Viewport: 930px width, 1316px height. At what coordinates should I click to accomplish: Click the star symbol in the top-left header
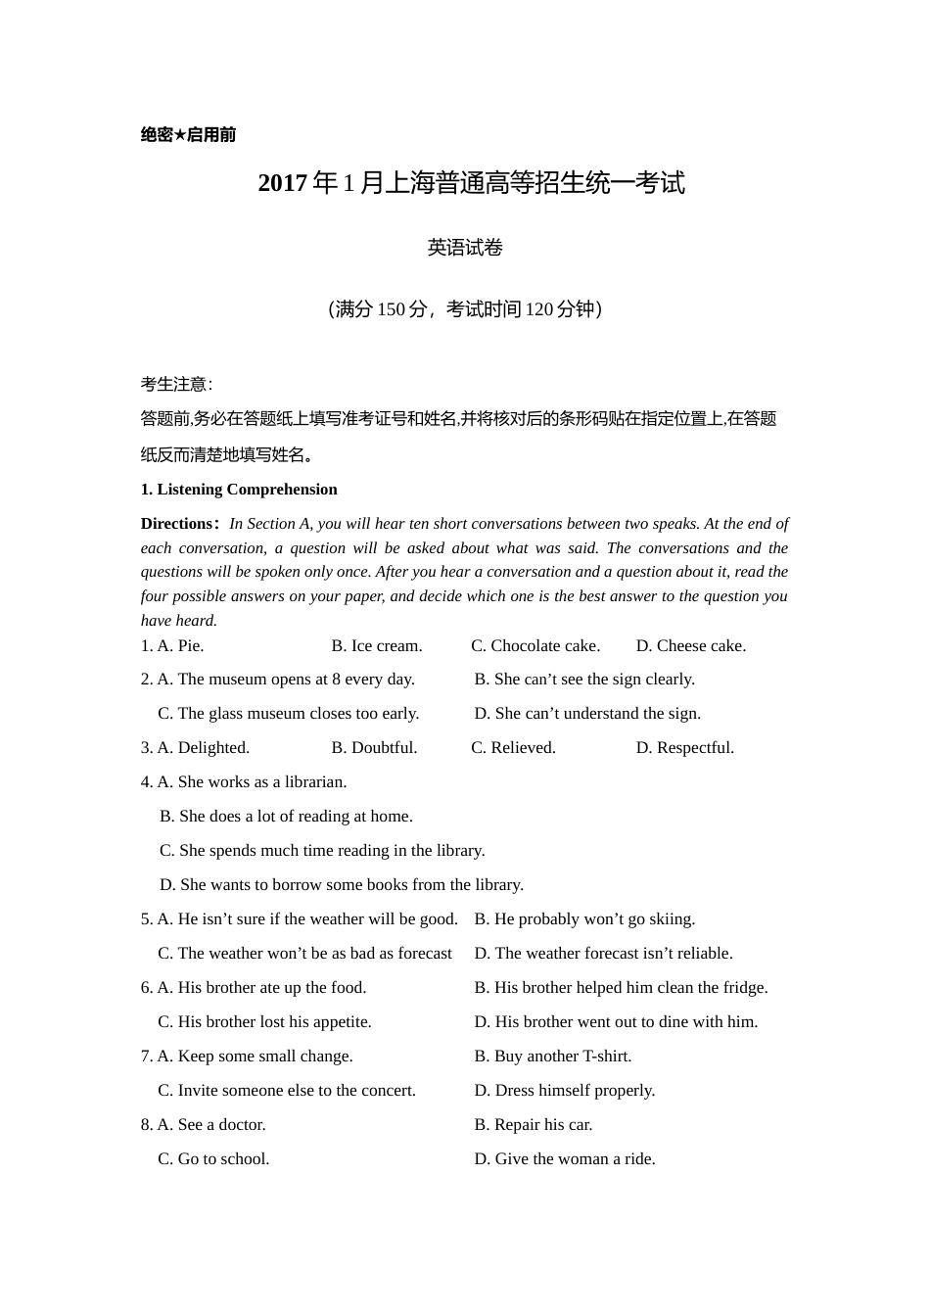180,135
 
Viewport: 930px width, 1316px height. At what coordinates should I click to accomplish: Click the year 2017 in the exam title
283,183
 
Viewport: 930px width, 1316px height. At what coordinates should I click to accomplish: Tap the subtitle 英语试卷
465,248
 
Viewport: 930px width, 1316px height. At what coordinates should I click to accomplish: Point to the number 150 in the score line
391,309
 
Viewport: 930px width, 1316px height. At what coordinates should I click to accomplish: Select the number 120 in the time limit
539,309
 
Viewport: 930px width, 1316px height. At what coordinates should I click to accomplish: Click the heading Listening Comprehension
247,490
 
